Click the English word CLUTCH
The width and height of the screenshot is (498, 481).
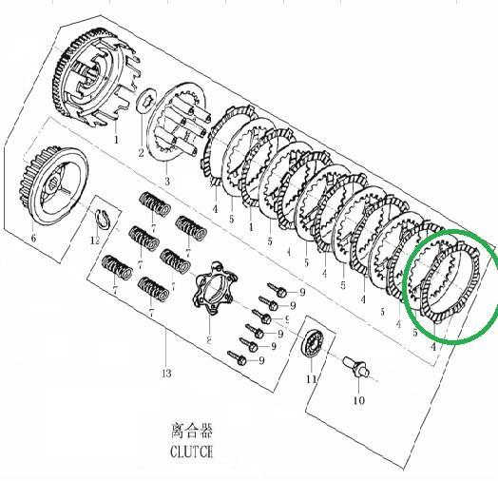pyautogui.click(x=191, y=452)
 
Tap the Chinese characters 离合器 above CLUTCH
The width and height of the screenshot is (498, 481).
pyautogui.click(x=192, y=431)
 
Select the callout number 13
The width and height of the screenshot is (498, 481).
pyautogui.click(x=166, y=374)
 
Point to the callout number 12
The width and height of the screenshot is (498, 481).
pyautogui.click(x=95, y=240)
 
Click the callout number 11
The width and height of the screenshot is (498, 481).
pyautogui.click(x=312, y=379)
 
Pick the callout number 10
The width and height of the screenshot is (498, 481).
pyautogui.click(x=359, y=400)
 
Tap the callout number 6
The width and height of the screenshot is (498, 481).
pyautogui.click(x=33, y=238)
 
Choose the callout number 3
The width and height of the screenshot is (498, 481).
pyautogui.click(x=167, y=182)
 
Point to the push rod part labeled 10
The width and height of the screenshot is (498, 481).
pyautogui.click(x=356, y=367)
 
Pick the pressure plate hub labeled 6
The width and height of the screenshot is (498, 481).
pyautogui.click(x=53, y=185)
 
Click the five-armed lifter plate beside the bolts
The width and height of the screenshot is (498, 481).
pyautogui.click(x=215, y=288)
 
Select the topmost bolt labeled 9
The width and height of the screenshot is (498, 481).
pyautogui.click(x=278, y=290)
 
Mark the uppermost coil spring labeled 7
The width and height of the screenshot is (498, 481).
pyautogui.click(x=155, y=204)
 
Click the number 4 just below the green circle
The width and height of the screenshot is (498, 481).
pyautogui.click(x=433, y=347)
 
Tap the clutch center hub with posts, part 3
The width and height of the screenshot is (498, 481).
pyautogui.click(x=178, y=123)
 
